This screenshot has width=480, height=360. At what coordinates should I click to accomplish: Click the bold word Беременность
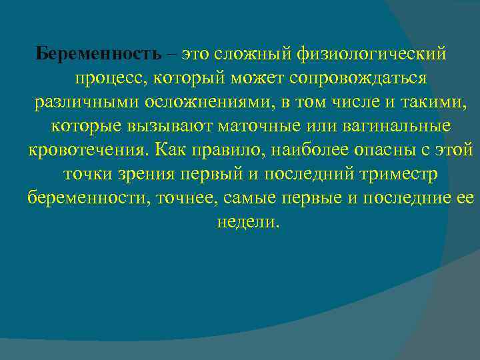point(99,53)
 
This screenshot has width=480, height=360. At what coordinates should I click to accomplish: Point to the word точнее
point(183,198)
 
